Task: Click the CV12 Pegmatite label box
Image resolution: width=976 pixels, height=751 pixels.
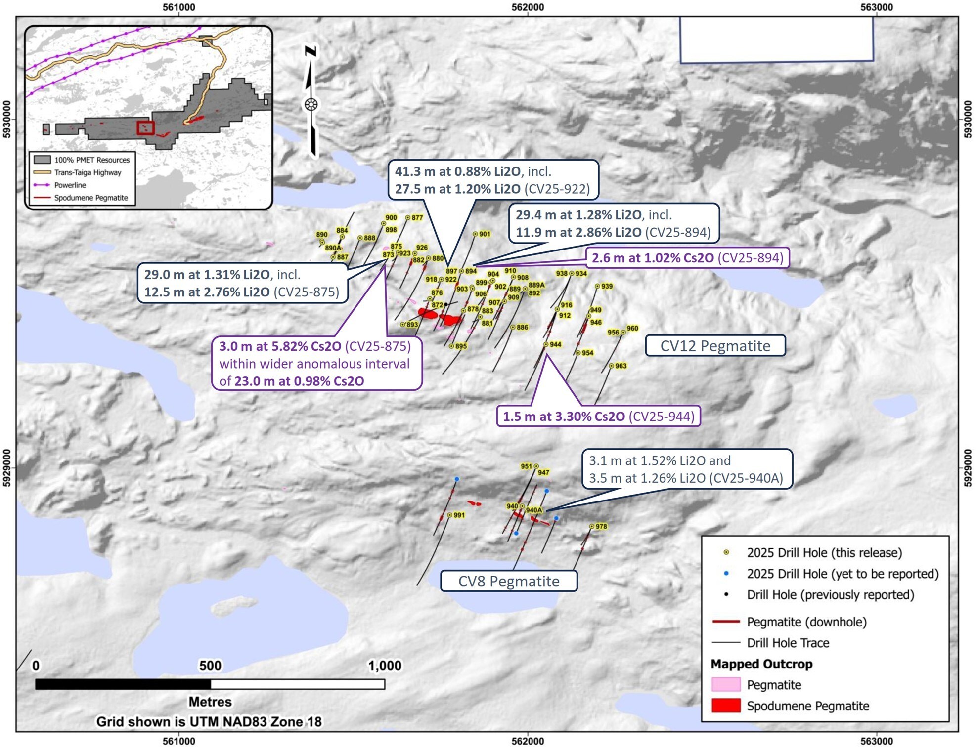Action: (x=715, y=346)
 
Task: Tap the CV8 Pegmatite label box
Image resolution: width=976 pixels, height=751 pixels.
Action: (x=509, y=581)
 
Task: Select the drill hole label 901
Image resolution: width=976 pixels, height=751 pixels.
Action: (x=485, y=234)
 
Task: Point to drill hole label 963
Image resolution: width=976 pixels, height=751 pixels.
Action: (x=621, y=366)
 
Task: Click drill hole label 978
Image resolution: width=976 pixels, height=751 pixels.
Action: (x=601, y=527)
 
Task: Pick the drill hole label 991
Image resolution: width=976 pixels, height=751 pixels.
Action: (x=459, y=515)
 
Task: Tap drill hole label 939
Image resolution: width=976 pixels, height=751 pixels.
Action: (x=607, y=287)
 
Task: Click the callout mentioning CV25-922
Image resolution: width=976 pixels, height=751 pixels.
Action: (x=492, y=180)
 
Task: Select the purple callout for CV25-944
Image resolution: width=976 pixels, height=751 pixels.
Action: (x=598, y=417)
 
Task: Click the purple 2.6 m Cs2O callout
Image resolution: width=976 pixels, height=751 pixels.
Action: (x=687, y=258)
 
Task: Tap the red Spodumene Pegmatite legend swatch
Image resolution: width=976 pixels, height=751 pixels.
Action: (x=726, y=706)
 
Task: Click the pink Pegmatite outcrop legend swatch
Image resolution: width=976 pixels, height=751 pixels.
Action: (x=726, y=685)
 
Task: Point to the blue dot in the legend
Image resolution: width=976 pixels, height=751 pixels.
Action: (x=726, y=574)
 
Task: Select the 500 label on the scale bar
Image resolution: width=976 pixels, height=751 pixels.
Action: (x=210, y=666)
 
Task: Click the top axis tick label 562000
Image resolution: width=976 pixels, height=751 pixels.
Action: (x=528, y=7)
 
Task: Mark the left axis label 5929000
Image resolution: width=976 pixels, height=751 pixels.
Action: (x=7, y=467)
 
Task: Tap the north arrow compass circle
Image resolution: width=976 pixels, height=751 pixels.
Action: (x=311, y=105)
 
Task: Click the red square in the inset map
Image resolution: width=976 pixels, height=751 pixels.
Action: (x=145, y=127)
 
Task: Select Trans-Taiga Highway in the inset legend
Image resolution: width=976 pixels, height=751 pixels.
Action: (x=88, y=172)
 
